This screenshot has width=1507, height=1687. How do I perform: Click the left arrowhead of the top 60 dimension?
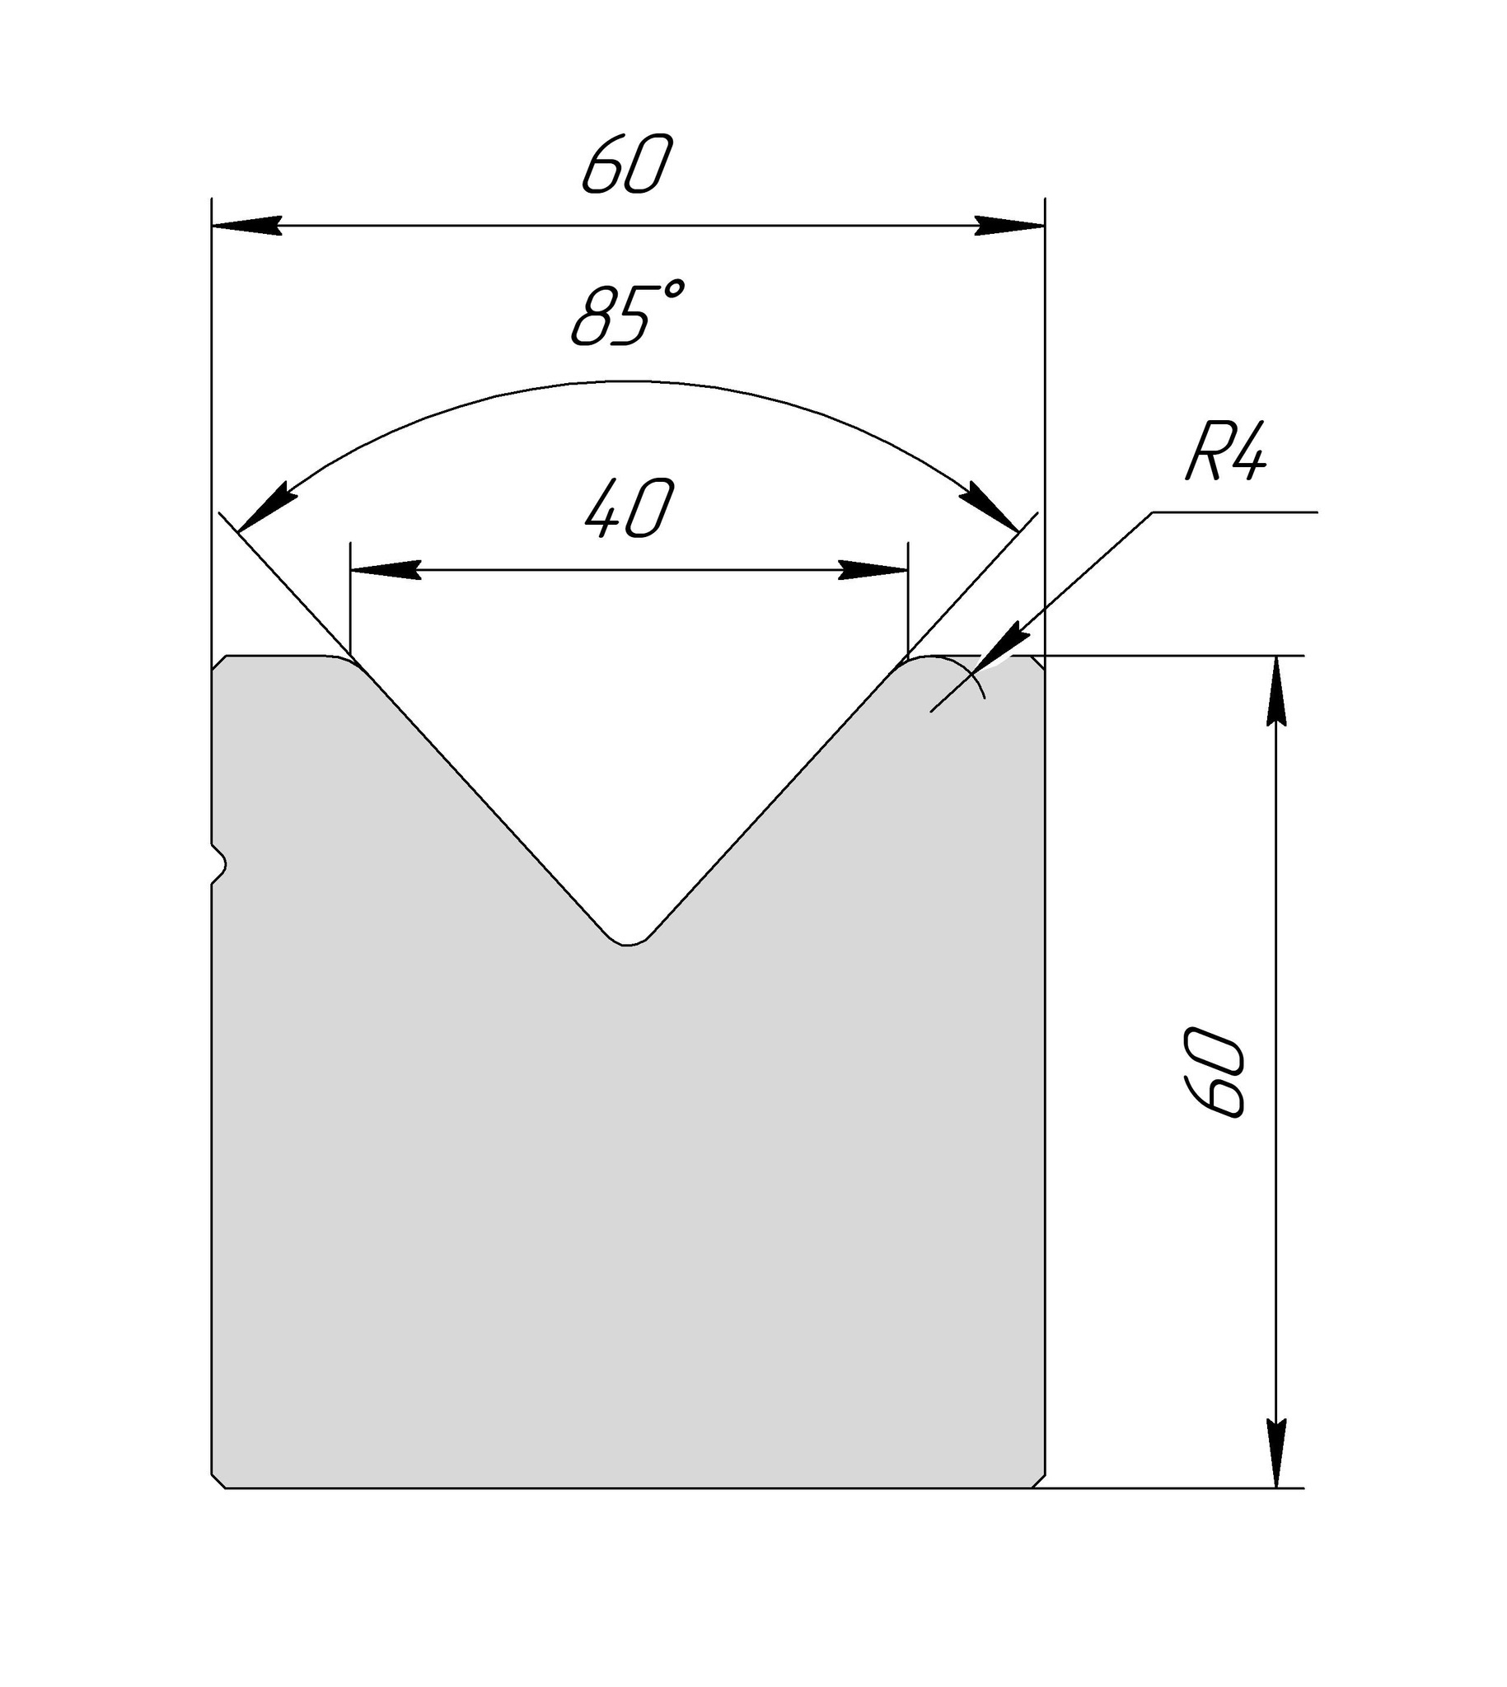pyautogui.click(x=246, y=225)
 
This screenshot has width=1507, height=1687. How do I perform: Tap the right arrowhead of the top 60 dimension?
pyautogui.click(x=1009, y=225)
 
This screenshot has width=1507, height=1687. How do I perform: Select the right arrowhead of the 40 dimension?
pyautogui.click(x=873, y=570)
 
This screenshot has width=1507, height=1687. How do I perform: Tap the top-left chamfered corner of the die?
pyautogui.click(x=219, y=663)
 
